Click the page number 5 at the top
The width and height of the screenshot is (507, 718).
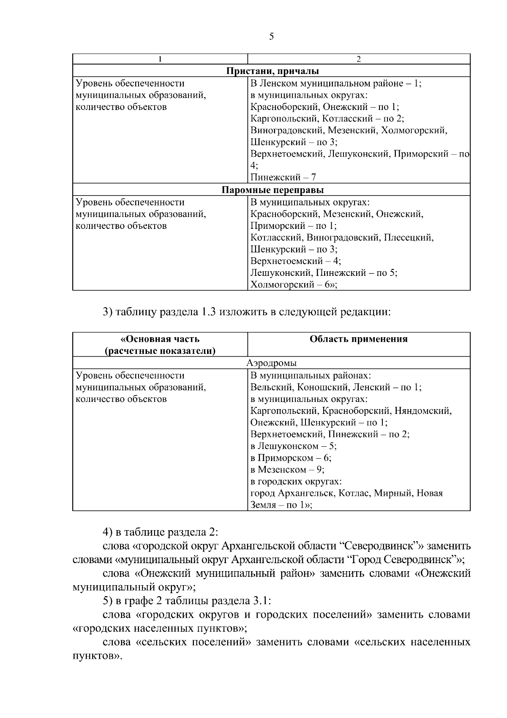tap(271, 37)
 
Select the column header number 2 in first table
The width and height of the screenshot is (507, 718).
tap(358, 59)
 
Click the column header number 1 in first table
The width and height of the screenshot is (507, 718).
tap(160, 59)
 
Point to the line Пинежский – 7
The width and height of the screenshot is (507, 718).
tap(283, 177)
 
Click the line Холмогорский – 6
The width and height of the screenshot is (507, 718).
tap(293, 284)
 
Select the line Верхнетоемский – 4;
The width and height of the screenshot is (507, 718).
tap(295, 261)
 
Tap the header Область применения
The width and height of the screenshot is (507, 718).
tap(358, 339)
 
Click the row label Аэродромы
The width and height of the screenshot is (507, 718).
tap(271, 363)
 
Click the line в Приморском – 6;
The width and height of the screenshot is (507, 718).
tap(291, 458)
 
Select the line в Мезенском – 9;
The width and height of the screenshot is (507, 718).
tap(287, 470)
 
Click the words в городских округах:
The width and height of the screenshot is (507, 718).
tap(296, 481)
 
